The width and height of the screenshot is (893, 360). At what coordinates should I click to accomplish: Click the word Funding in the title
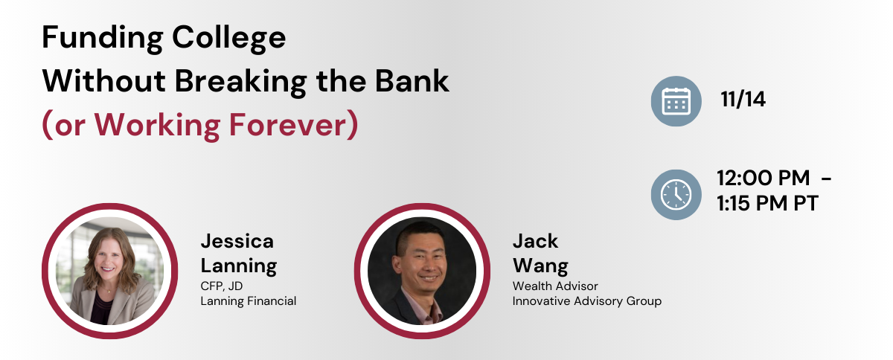tap(103, 38)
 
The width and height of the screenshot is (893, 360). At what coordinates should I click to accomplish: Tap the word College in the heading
tap(229, 38)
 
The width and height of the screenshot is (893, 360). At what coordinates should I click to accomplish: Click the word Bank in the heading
tap(412, 81)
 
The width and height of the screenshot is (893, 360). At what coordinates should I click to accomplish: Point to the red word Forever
tap(288, 125)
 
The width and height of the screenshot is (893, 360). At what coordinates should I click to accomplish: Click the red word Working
tap(157, 126)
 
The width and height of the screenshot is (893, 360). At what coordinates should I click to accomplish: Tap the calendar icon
tap(676, 101)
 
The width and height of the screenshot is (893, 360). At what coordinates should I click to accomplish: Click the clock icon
tap(676, 195)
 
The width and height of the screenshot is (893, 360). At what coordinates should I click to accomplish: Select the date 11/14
tap(743, 99)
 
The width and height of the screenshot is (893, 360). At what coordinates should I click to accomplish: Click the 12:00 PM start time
tap(763, 178)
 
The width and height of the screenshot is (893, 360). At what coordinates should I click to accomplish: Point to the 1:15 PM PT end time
tap(767, 203)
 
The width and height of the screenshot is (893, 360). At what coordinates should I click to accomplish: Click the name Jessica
tap(237, 241)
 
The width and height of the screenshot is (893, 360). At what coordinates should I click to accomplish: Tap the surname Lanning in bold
tap(239, 266)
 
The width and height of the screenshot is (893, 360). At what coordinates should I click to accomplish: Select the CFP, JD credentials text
tap(222, 286)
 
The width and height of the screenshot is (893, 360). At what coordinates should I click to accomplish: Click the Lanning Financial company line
tap(249, 301)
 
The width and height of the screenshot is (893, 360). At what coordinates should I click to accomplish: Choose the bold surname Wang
tap(540, 266)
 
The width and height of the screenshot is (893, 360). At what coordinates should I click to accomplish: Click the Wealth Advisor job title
tap(555, 286)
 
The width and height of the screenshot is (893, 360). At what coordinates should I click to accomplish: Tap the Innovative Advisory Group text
tap(587, 301)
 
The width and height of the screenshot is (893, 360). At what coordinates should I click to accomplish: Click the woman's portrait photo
tap(109, 271)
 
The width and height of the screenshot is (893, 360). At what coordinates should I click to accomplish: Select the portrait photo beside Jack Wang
tap(422, 271)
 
